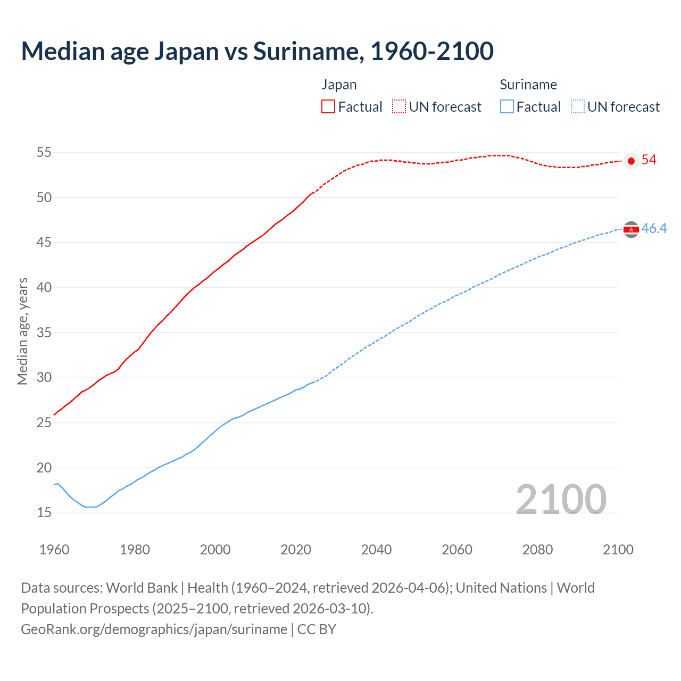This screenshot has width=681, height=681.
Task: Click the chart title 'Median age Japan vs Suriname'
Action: pos(257,51)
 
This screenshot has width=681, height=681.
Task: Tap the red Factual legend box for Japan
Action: pos(328,106)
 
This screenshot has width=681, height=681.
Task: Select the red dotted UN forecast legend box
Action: pos(399,106)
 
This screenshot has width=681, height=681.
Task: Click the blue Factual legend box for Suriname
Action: pos(507,106)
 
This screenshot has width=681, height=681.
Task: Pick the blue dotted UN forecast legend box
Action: pos(577,106)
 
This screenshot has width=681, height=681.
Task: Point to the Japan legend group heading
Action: pos(339,85)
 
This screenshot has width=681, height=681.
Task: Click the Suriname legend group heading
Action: pos(528,85)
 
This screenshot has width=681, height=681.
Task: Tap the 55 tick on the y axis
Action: pos(44,153)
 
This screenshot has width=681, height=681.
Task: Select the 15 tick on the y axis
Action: pos(44,513)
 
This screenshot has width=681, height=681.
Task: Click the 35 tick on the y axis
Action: pos(44,333)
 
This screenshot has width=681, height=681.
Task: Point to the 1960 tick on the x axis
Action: pos(54,550)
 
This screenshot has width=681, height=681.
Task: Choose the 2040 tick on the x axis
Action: pos(376,550)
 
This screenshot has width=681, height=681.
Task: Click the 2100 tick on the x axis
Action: pos(618,550)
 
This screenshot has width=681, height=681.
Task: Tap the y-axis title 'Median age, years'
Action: pos(22,331)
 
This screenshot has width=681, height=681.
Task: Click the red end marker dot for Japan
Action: pos(631,161)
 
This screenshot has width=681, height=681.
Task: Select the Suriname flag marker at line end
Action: pos(631,229)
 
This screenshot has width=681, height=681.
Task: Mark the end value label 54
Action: pos(649,160)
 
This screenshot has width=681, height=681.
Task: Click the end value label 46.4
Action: pos(654,229)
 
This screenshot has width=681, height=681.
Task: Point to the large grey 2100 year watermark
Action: pos(561,499)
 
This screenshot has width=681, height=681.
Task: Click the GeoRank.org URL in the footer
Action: pos(154,629)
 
